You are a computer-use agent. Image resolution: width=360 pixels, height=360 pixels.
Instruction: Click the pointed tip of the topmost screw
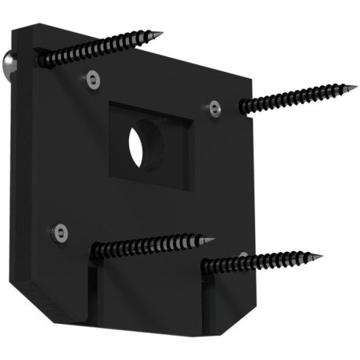(x=162, y=34)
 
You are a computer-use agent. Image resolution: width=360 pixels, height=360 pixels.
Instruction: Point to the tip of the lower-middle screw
(x=215, y=237)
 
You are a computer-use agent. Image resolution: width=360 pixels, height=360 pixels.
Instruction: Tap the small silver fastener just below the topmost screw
(x=94, y=78)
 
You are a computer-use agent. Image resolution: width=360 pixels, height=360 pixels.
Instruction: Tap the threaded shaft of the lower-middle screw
(x=149, y=246)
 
